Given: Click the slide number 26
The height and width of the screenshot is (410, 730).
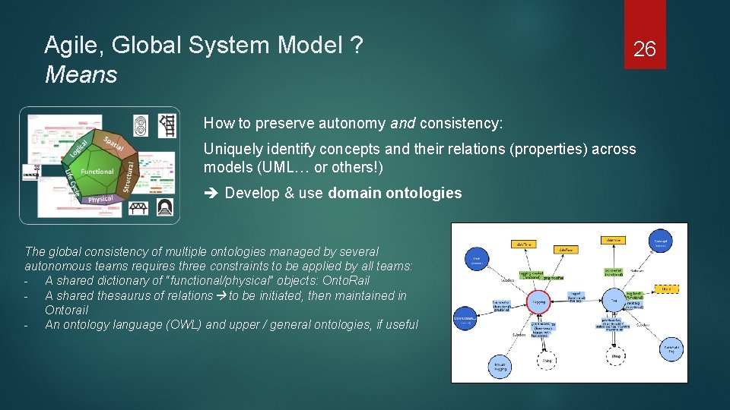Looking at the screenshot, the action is [x=644, y=50].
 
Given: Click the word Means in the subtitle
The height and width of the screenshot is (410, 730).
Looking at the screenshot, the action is [x=81, y=74].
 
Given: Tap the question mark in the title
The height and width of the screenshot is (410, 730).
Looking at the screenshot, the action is [x=355, y=46].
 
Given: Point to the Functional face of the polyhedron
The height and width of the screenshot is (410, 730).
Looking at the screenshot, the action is [x=97, y=172].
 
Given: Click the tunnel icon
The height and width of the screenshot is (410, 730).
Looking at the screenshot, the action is [x=166, y=207].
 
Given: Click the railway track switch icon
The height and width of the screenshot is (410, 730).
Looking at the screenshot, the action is [x=167, y=125].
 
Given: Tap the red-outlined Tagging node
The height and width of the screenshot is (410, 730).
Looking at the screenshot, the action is [x=540, y=301].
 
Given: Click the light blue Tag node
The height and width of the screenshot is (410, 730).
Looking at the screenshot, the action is [x=613, y=301].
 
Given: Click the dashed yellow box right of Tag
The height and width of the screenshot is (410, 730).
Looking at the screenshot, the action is [x=666, y=289].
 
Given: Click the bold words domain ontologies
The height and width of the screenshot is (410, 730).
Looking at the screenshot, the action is [x=395, y=193].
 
